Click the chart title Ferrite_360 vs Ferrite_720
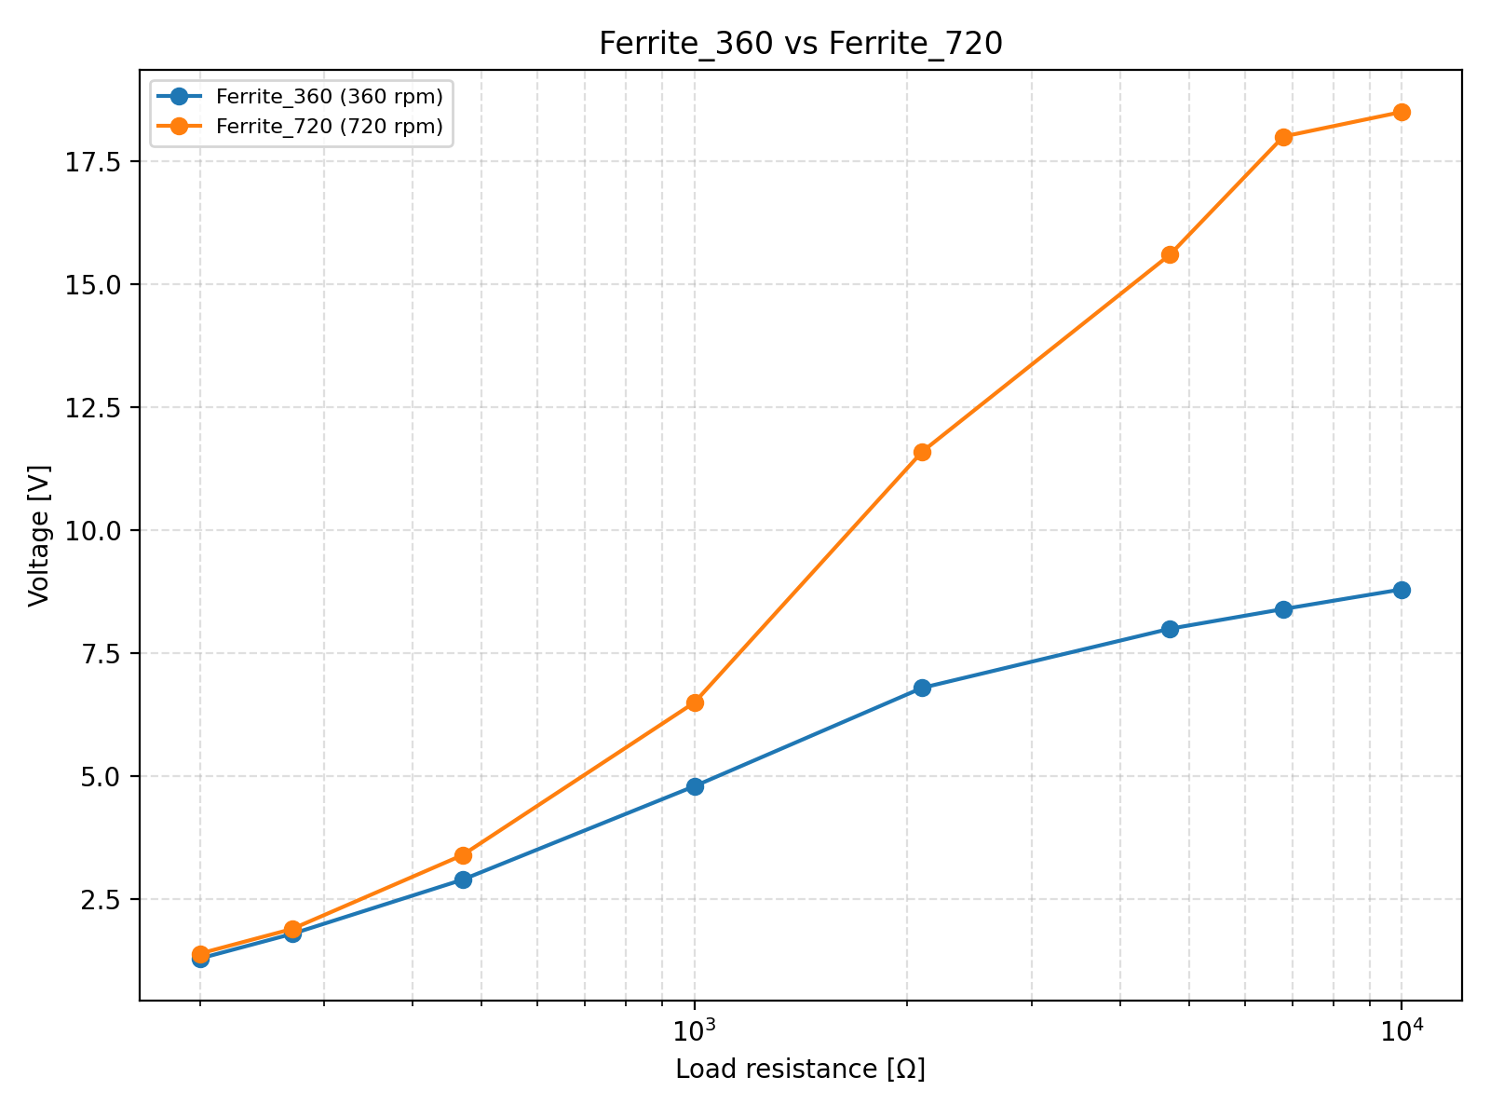click(x=800, y=44)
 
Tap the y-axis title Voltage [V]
click(x=38, y=535)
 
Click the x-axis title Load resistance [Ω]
click(x=800, y=1069)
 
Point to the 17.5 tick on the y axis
click(x=98, y=161)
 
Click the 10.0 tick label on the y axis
click(x=98, y=530)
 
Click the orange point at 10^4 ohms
click(x=1401, y=112)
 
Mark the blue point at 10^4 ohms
click(x=1401, y=590)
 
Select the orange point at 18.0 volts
click(x=1283, y=137)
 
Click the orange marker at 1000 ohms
click(x=695, y=702)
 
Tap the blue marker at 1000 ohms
click(x=695, y=786)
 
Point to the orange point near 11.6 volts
click(x=922, y=452)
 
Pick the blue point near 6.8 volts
click(x=922, y=688)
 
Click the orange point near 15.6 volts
click(x=1170, y=254)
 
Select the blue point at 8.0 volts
click(x=1170, y=629)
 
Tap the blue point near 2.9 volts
click(x=463, y=879)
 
